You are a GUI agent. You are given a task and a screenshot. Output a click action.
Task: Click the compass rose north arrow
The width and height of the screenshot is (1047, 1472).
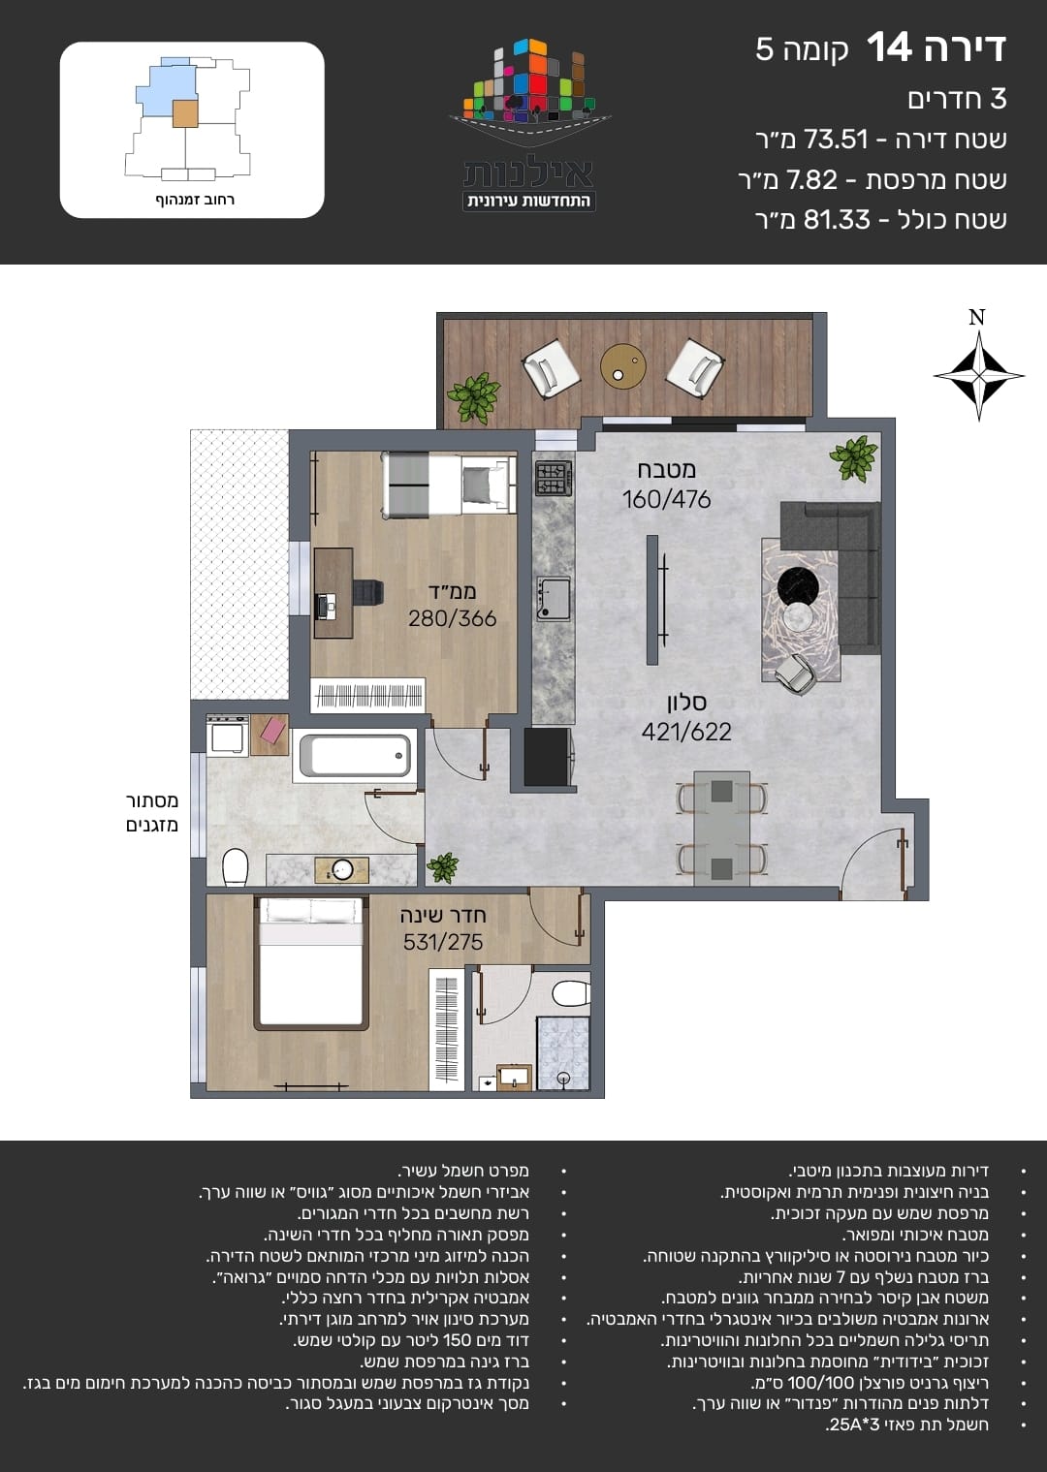978,375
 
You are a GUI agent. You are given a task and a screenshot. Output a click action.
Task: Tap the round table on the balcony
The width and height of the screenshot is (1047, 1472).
623,366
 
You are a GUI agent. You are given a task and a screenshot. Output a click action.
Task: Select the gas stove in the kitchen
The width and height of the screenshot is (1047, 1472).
554,478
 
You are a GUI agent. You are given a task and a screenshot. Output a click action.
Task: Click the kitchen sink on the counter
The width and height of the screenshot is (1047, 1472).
554,599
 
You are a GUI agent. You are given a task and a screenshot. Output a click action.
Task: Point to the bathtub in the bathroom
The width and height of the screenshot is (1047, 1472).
356,756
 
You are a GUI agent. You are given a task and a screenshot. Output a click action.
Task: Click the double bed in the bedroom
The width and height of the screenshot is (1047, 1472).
311,962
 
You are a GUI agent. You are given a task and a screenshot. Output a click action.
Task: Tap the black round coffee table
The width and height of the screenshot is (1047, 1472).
798,585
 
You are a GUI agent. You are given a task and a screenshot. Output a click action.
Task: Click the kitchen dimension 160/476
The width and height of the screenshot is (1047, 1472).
666,500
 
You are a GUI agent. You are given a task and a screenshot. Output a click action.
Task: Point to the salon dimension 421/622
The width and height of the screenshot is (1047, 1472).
686,732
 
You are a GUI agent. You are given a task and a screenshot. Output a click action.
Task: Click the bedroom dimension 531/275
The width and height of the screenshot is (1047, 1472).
443,942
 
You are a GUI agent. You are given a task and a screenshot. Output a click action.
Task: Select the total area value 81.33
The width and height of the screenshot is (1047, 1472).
837,219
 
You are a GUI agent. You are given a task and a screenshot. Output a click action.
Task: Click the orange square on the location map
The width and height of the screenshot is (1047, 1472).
185,113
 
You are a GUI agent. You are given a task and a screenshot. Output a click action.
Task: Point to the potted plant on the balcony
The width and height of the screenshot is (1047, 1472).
473,397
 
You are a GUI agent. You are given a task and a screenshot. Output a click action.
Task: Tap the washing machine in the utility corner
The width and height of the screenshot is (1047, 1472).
227,735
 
